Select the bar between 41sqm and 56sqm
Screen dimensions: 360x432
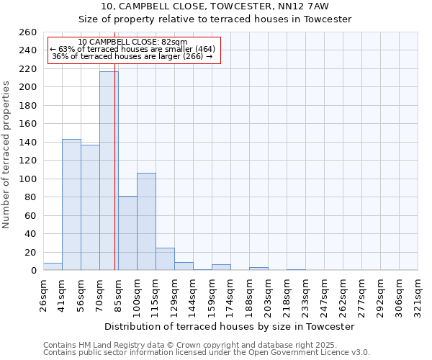tap(71, 204)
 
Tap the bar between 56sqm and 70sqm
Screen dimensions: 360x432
tap(90, 207)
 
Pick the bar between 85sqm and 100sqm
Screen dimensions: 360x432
tap(127, 233)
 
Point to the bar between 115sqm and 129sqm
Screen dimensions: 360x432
tap(165, 259)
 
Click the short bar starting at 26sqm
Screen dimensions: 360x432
tap(53, 266)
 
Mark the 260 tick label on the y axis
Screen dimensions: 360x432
tap(27, 32)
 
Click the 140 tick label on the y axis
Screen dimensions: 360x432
tap(27, 143)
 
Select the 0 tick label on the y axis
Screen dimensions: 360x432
tap(33, 271)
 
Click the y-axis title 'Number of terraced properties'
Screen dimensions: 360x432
tap(7, 154)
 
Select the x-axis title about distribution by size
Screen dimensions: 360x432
tap(230, 327)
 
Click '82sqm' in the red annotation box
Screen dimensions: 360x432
tap(174, 42)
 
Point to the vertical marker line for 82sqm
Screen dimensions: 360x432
tap(115, 180)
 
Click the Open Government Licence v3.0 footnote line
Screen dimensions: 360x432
tap(207, 353)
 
